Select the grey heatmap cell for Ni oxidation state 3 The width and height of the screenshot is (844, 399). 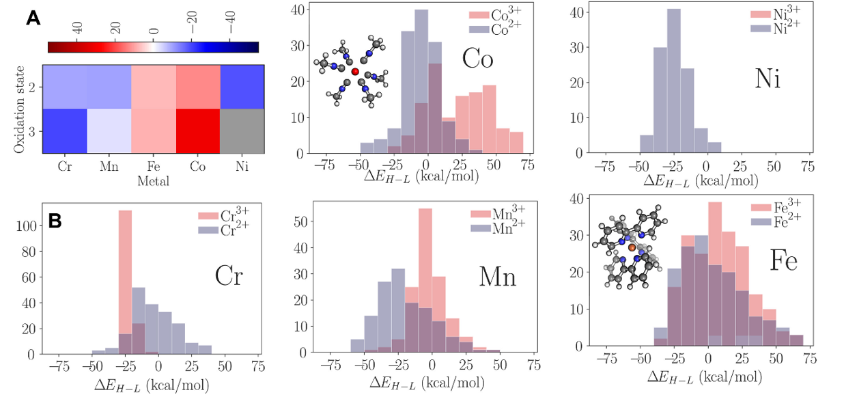click(x=242, y=130)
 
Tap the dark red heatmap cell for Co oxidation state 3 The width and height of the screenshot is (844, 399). click(x=198, y=130)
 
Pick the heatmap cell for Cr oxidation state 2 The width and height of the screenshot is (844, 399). click(x=65, y=87)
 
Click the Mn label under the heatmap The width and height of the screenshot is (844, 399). click(x=109, y=165)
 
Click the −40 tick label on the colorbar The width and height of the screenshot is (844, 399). click(x=231, y=29)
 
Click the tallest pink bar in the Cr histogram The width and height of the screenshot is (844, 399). click(x=125, y=281)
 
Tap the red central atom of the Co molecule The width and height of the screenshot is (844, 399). click(x=354, y=71)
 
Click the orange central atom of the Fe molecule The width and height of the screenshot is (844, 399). click(x=632, y=247)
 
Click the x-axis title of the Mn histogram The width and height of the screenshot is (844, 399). click(x=424, y=383)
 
